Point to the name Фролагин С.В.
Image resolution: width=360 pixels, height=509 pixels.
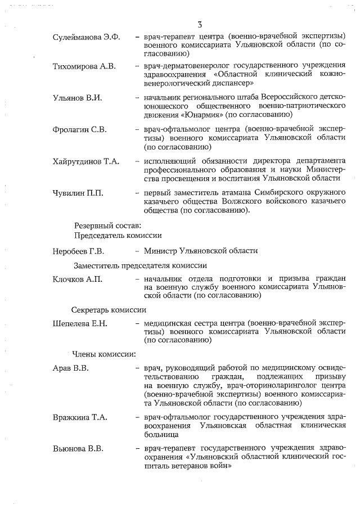coord(79,129)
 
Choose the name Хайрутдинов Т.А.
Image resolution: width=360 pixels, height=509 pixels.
coord(86,161)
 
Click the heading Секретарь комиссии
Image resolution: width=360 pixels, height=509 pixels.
coord(109,309)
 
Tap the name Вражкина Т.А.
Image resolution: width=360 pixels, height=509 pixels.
coord(80,418)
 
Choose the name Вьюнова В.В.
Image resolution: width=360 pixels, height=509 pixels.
coord(78,449)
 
